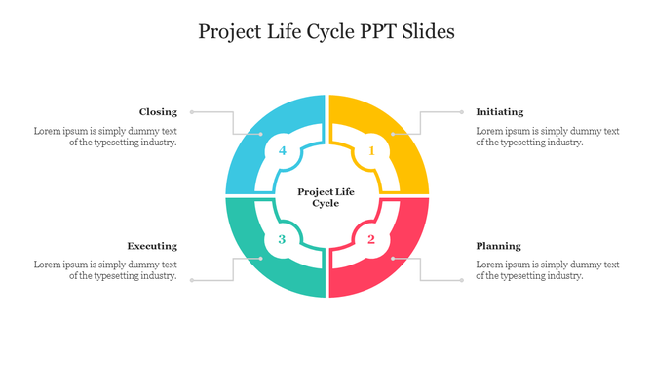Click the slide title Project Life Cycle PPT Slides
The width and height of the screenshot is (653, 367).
326,31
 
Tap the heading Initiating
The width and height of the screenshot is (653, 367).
499,112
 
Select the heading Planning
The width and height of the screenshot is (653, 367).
498,246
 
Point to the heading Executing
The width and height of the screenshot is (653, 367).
152,246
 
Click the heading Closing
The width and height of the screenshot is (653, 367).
158,112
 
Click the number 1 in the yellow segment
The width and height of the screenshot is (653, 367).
371,150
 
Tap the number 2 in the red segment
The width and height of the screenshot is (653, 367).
371,239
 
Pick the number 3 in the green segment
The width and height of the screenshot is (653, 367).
282,239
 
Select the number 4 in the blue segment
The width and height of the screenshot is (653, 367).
282,150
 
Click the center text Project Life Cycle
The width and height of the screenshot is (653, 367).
326,196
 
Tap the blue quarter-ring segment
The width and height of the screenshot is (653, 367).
251,137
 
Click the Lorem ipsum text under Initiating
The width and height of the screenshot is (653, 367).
547,137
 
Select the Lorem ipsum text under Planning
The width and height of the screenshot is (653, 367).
547,270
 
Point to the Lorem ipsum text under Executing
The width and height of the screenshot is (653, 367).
105,270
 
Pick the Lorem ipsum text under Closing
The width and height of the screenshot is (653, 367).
105,137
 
